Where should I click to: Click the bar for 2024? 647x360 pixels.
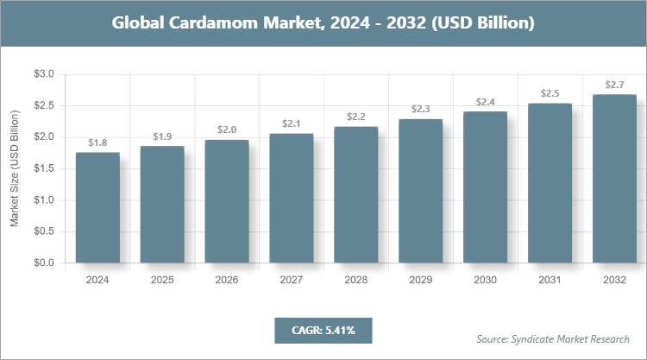point(97,207)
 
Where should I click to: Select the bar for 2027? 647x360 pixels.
point(291,198)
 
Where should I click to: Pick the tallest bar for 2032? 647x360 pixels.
point(614,178)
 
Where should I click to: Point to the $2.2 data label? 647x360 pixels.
point(355,117)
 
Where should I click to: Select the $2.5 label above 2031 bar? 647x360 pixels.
point(550,93)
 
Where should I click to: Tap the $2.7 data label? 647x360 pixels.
point(614,85)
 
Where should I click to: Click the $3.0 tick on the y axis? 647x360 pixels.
point(42,75)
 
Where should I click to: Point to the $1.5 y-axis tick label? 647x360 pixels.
point(42,169)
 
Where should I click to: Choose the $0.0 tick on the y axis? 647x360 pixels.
point(42,263)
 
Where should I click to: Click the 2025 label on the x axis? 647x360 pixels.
point(162,281)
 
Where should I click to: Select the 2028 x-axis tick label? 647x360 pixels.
point(355,281)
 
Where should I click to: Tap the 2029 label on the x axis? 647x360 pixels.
point(420,281)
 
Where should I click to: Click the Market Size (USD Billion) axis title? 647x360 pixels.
point(14,169)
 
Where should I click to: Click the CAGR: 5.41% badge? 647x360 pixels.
point(323,330)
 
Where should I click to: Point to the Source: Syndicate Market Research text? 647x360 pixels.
point(552,338)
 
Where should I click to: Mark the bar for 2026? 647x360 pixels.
point(227,201)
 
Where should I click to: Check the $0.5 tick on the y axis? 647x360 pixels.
point(42,231)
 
